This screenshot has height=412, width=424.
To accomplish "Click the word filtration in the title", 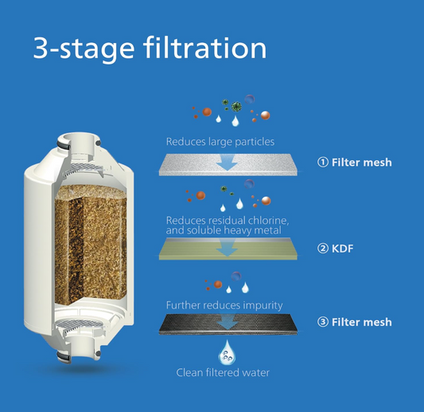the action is tap(205, 48).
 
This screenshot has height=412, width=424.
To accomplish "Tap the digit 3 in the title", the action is tap(41, 49).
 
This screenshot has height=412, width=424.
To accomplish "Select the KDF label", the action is tap(342, 249).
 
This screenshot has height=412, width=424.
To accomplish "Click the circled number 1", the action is tap(323, 163).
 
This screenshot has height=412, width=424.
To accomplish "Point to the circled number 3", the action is tap(323, 322).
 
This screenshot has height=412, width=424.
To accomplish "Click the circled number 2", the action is tap(323, 249).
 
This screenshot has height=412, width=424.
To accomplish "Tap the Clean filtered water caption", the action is tap(223, 372).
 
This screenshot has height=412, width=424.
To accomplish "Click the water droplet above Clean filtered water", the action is tap(227, 352).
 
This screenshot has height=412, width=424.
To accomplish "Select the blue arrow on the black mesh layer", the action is tap(228, 322).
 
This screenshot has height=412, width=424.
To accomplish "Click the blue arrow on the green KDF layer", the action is tap(228, 247).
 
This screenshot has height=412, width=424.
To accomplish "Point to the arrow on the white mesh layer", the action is tap(228, 163).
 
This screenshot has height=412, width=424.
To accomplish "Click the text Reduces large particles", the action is tap(220, 142).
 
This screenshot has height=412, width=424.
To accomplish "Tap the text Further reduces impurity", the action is tap(224, 305).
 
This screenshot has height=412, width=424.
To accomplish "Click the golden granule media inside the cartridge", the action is tap(91, 241).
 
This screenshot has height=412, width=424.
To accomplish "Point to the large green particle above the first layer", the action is tap(236, 107).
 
